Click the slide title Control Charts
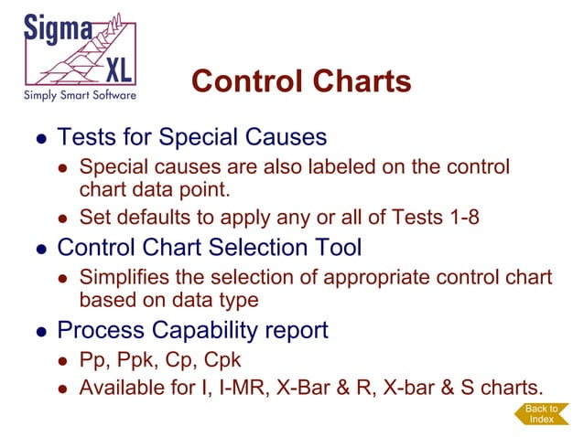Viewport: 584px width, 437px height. click(x=301, y=81)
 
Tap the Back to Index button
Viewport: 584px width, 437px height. click(x=541, y=413)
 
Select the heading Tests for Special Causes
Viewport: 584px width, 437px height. click(x=191, y=138)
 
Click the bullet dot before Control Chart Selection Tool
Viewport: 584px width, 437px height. click(x=40, y=249)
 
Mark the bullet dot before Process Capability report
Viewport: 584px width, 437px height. click(x=40, y=330)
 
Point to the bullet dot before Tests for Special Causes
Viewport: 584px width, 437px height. click(x=40, y=139)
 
